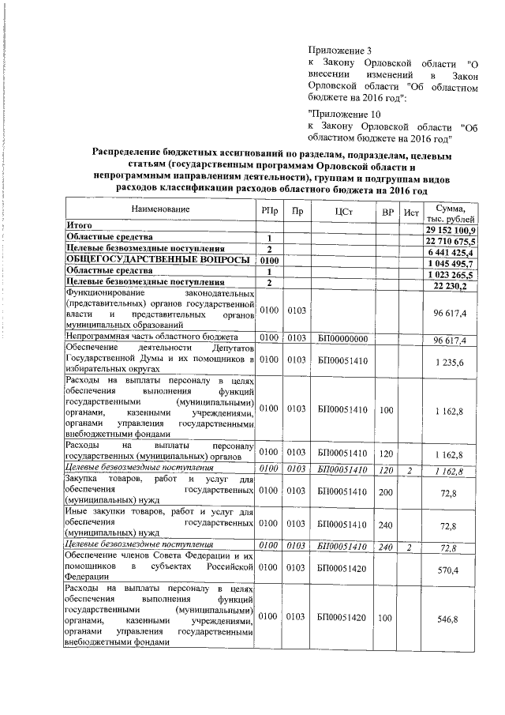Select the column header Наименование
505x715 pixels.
click(x=160, y=209)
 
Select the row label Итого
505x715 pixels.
click(x=79, y=226)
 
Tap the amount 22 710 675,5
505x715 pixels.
click(x=451, y=240)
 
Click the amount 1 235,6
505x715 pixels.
click(x=455, y=362)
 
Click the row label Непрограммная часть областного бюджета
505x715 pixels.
click(x=146, y=338)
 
